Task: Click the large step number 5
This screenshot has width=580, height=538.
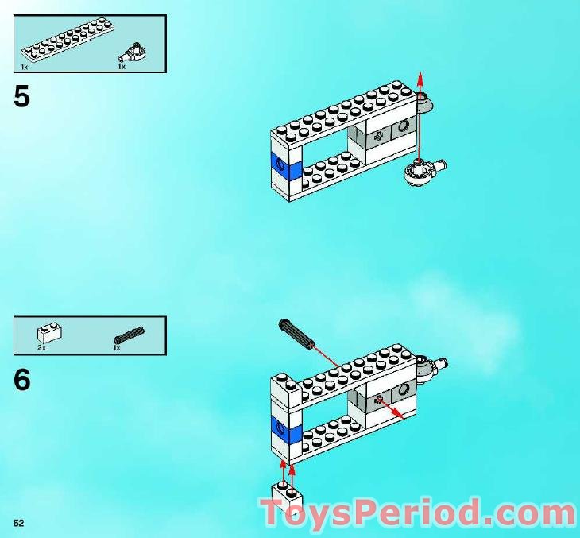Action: (22, 97)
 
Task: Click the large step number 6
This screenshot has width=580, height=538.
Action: (22, 381)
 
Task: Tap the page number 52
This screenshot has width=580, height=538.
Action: (18, 522)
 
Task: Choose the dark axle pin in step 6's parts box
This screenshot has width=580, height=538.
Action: (129, 335)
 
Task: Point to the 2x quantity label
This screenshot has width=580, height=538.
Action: (41, 348)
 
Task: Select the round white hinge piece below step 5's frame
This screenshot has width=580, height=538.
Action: (418, 172)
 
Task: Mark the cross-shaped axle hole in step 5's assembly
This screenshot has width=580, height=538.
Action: (378, 136)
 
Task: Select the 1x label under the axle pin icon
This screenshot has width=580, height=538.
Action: (116, 348)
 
